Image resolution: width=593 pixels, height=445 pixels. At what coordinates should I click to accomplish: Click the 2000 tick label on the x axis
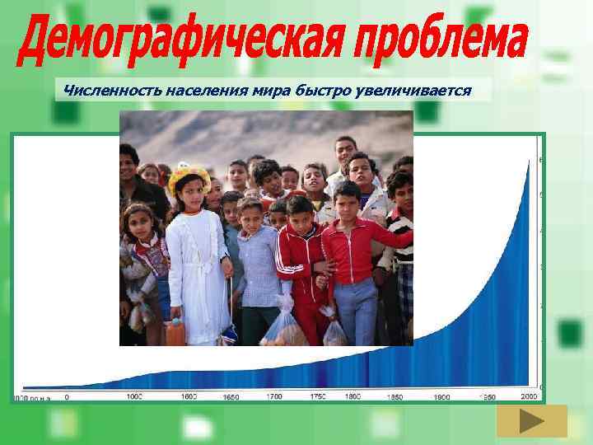tap(528, 396)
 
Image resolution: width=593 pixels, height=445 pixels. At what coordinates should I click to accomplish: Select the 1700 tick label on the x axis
tap(274, 396)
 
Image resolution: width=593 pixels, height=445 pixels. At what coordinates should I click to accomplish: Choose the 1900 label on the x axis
tap(443, 396)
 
